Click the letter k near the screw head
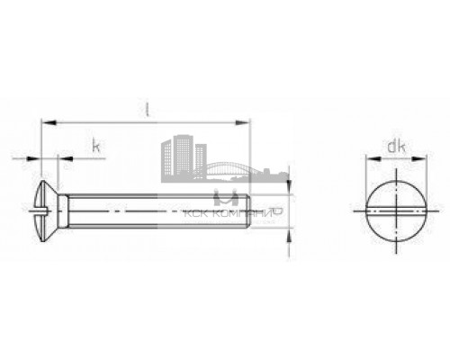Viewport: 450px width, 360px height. [93, 144]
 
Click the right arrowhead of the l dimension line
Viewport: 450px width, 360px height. [245, 120]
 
